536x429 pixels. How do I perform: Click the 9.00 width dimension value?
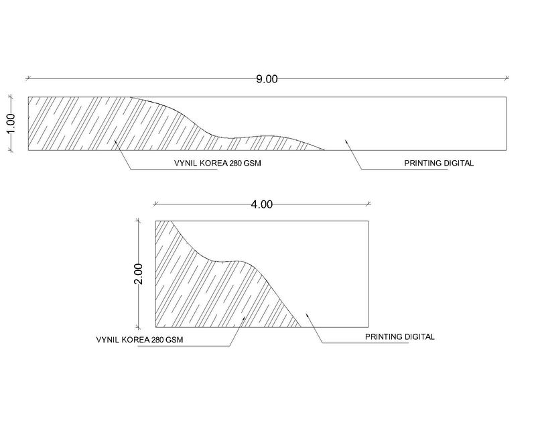[267, 79]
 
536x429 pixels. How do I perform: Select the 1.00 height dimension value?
[11, 123]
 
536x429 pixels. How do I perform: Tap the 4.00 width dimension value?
[262, 204]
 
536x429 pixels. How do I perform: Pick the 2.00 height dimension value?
[139, 274]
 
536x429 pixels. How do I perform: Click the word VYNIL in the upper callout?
[186, 163]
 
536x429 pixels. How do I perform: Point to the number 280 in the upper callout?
[236, 163]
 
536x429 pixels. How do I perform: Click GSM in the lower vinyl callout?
[174, 340]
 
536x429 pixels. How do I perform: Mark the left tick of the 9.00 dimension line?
[28, 78]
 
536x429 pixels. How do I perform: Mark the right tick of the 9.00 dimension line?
[507, 78]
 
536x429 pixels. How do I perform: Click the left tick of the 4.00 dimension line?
[155, 204]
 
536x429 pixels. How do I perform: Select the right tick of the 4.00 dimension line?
[368, 204]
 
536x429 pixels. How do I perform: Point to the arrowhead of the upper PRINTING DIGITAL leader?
[346, 141]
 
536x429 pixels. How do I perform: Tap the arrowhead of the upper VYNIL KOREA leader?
[115, 141]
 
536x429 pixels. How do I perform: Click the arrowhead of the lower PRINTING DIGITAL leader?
[307, 314]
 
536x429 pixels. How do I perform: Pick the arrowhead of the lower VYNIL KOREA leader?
[244, 318]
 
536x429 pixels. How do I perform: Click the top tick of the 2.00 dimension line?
[139, 221]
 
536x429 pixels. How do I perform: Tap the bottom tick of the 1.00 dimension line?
[11, 150]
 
